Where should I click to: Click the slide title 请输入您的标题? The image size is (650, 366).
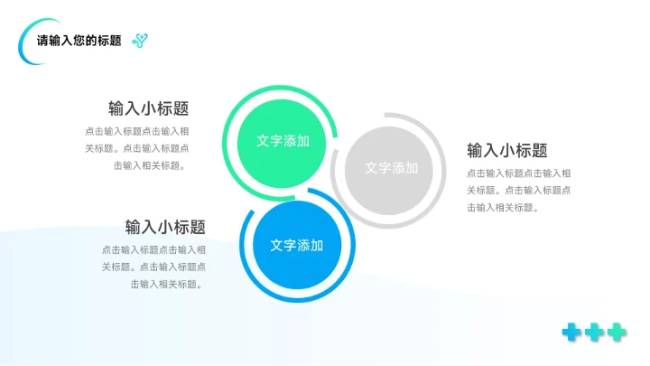click(79, 41)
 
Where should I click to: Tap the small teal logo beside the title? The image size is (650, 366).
click(140, 40)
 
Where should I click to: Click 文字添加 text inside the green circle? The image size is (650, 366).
click(283, 141)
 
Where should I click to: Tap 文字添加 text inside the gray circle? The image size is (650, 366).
click(391, 168)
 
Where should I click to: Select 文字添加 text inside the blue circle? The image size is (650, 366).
click(297, 245)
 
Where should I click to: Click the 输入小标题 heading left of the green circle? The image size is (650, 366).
click(149, 108)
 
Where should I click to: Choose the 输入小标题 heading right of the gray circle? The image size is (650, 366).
click(507, 151)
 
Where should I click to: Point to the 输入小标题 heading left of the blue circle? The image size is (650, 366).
click(165, 227)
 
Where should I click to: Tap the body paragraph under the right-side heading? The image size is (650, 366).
click(518, 190)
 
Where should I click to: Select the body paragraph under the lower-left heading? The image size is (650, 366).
click(153, 267)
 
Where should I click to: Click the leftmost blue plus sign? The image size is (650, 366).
click(571, 332)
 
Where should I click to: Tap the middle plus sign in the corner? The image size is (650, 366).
click(594, 332)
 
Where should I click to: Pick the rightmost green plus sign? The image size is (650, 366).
click(617, 332)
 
